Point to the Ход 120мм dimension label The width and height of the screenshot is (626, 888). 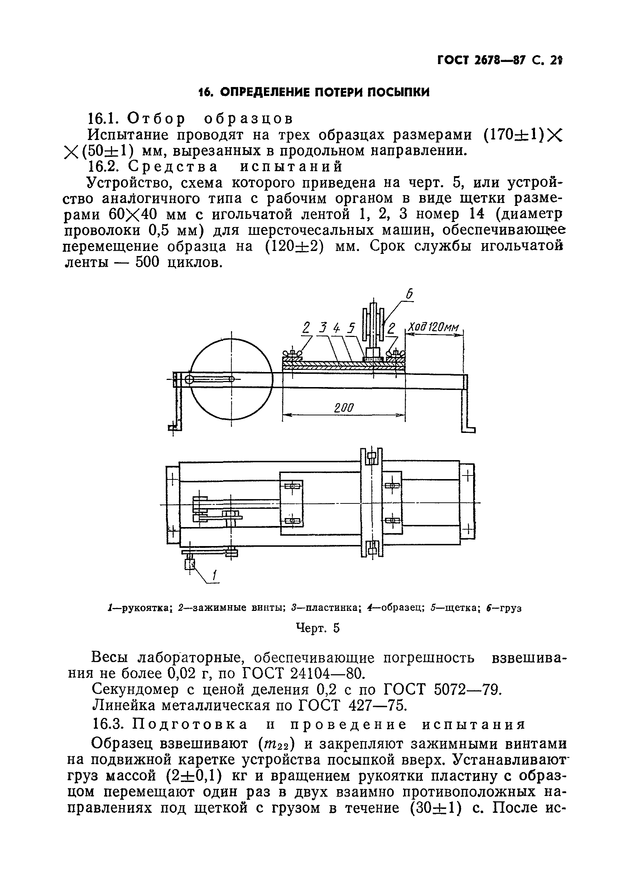tap(433, 328)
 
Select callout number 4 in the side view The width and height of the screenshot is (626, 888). tap(336, 328)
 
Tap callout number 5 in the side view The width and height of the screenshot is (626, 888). tap(351, 328)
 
